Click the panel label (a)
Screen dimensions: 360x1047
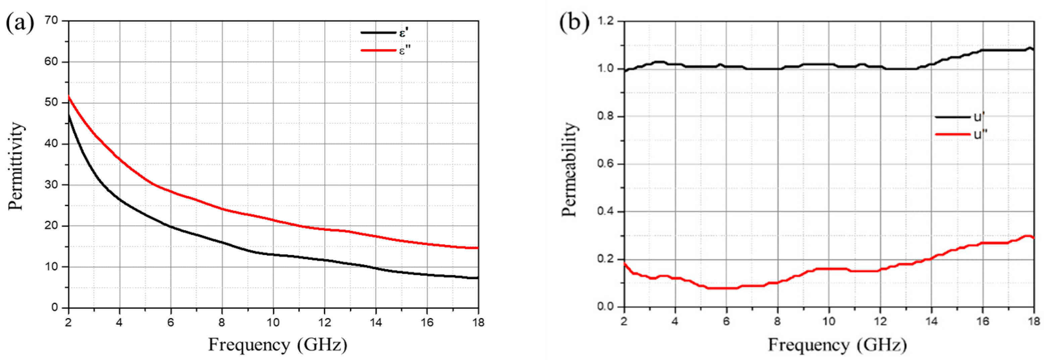pyautogui.click(x=19, y=23)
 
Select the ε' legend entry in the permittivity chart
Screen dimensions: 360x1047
pyautogui.click(x=403, y=33)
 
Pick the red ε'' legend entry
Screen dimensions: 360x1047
pyautogui.click(x=405, y=50)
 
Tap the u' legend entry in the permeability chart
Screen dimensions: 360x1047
pyautogui.click(x=979, y=117)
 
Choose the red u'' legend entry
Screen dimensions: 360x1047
pyautogui.click(x=980, y=134)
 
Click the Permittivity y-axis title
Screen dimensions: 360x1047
pyautogui.click(x=16, y=166)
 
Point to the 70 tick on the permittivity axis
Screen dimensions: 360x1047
pyautogui.click(x=52, y=20)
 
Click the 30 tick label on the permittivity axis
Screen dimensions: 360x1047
pyautogui.click(x=52, y=185)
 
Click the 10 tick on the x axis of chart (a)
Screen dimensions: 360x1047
pyautogui.click(x=273, y=322)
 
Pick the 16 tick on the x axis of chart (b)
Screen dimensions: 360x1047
pyautogui.click(x=983, y=322)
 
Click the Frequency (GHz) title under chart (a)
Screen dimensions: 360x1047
pyautogui.click(x=278, y=345)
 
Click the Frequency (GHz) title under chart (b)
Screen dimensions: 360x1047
pyautogui.click(x=837, y=345)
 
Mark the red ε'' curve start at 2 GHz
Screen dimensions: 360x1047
pyautogui.click(x=69, y=97)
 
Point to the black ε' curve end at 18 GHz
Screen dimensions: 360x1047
pyautogui.click(x=478, y=278)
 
